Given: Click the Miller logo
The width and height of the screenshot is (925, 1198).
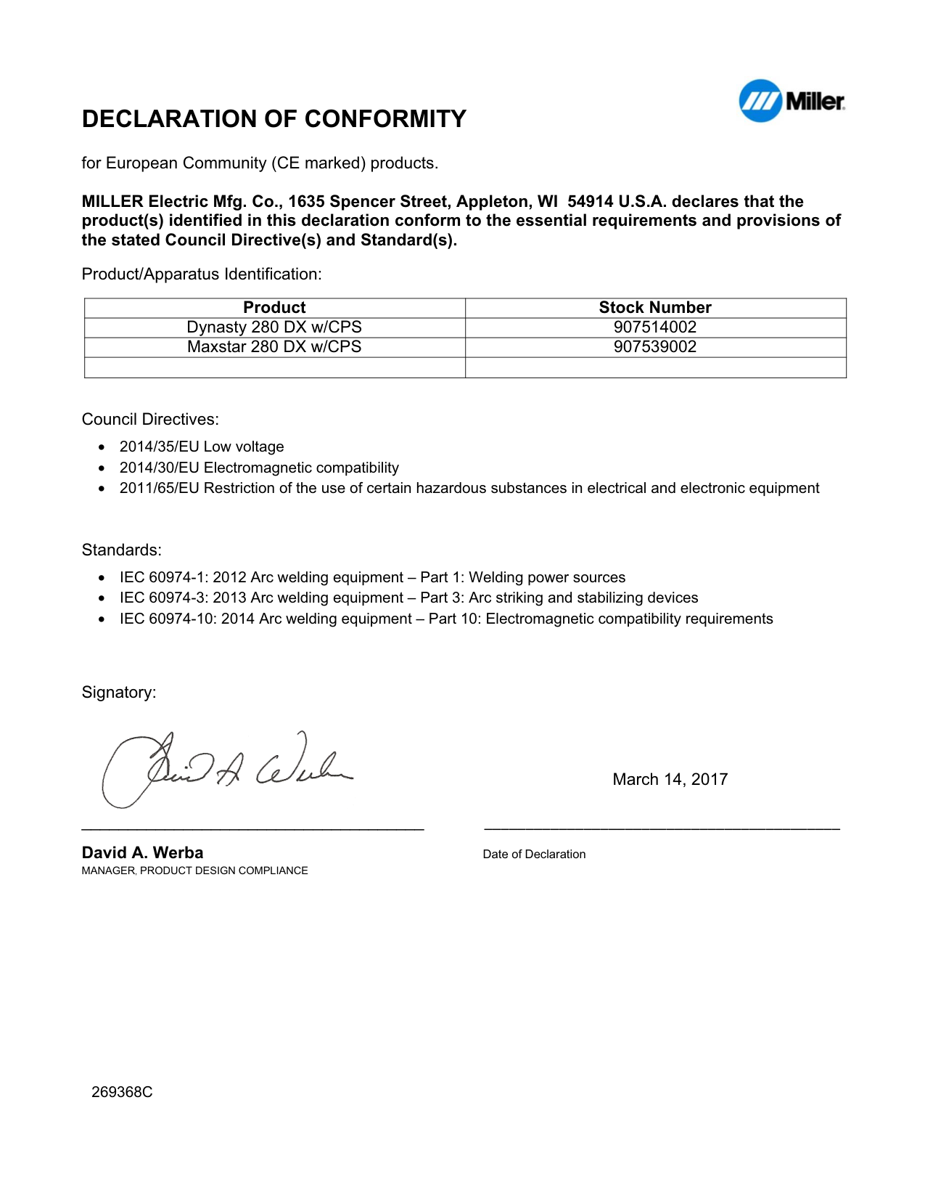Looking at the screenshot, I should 792,100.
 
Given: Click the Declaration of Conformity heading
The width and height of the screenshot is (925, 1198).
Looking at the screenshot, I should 274,119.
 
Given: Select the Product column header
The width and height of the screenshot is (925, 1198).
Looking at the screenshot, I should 274,308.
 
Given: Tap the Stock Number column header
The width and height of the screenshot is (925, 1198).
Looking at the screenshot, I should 654,308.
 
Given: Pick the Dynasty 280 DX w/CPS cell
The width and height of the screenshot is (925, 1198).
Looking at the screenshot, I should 274,327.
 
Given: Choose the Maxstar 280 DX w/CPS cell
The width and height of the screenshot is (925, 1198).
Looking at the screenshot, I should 274,347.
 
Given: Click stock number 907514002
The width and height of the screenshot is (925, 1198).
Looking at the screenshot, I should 654,327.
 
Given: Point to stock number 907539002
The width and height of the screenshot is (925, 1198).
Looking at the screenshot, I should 654,347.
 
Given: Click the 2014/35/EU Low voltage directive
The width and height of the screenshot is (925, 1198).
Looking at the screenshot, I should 202,447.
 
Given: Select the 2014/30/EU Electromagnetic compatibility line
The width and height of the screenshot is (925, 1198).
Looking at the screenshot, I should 259,468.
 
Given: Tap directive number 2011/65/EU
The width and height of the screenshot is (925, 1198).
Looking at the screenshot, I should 159,489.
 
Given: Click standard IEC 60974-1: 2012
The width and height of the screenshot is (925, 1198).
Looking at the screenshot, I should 184,578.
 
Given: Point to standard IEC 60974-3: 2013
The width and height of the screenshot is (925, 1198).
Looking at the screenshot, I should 184,598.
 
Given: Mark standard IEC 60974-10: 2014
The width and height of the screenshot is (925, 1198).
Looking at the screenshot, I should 188,619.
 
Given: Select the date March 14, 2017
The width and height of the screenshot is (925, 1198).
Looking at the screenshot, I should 670,780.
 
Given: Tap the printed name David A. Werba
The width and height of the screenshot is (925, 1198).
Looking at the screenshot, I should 142,853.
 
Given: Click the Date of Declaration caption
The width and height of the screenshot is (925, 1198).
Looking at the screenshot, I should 534,855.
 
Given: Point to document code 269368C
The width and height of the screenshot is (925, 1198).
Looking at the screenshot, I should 122,1093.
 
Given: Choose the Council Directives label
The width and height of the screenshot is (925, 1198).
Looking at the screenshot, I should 150,420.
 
